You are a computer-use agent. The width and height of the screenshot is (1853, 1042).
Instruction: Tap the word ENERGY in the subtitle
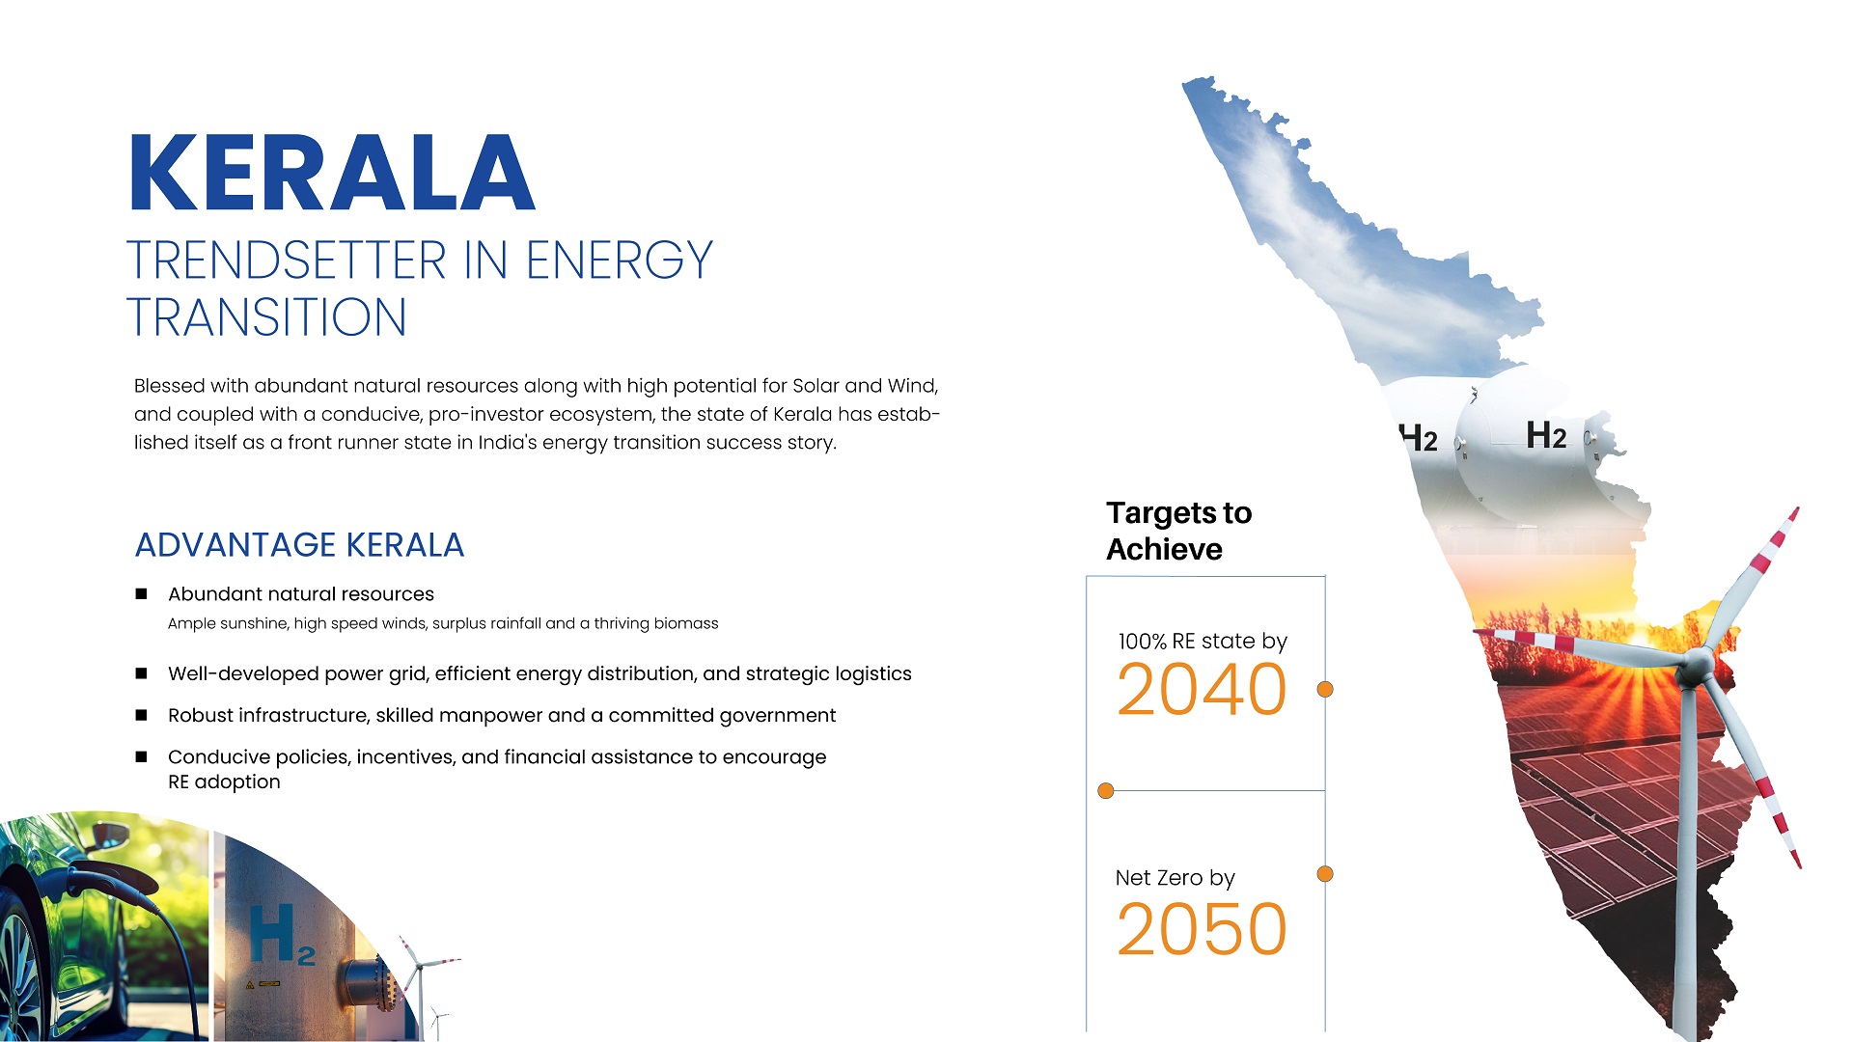click(x=619, y=260)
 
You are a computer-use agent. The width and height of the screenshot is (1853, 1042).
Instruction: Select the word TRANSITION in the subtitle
click(x=266, y=317)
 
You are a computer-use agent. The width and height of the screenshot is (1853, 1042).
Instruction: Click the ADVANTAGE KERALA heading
click(x=299, y=545)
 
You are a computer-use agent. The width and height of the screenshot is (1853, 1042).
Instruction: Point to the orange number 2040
click(x=1202, y=689)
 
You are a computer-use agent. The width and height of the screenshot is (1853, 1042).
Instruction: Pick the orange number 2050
click(x=1202, y=928)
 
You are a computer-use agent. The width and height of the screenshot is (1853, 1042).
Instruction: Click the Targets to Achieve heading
click(x=1178, y=531)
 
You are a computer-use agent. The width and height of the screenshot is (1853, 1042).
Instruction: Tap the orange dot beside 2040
click(x=1325, y=689)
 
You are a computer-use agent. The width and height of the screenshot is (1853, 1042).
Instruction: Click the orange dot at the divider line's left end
click(x=1106, y=791)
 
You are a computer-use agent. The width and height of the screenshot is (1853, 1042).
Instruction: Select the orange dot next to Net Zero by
click(x=1325, y=874)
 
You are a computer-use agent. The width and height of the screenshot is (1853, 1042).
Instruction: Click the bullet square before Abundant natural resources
click(x=141, y=593)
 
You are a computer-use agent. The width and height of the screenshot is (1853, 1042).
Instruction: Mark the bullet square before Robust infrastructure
click(x=141, y=715)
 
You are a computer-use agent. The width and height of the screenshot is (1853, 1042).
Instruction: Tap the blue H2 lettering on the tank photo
click(x=281, y=935)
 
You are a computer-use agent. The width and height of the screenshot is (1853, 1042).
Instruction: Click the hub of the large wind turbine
click(x=1696, y=663)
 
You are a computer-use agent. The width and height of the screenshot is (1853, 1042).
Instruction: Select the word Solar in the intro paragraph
click(x=816, y=386)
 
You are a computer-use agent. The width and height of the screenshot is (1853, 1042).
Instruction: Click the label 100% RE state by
click(x=1203, y=642)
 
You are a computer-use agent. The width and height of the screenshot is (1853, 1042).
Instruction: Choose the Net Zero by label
click(x=1175, y=878)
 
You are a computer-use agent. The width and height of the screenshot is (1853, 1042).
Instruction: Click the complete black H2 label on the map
click(x=1546, y=435)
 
